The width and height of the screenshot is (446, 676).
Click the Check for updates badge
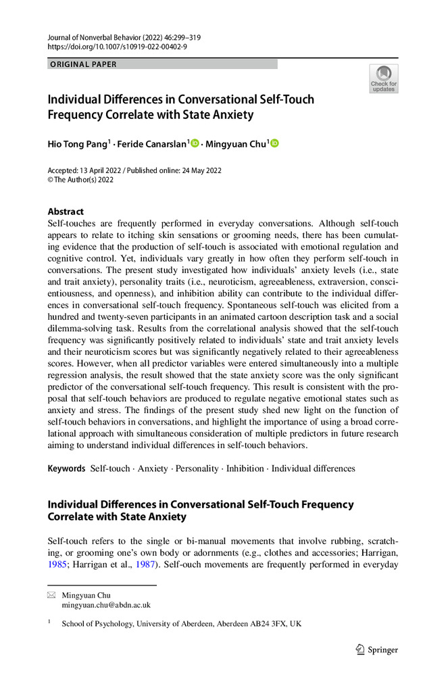coord(383,78)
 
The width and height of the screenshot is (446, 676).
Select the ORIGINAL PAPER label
coord(83,64)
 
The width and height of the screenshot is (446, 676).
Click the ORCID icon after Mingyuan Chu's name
coord(275,143)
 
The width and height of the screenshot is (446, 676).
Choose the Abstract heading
coord(66,211)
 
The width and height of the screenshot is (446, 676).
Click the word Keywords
coord(66,468)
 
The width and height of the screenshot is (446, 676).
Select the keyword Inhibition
coord(245,468)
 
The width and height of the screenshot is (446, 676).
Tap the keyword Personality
coord(197,468)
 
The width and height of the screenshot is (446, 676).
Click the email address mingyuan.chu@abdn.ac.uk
coord(106,605)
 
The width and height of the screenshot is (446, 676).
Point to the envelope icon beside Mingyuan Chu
coord(51,596)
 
